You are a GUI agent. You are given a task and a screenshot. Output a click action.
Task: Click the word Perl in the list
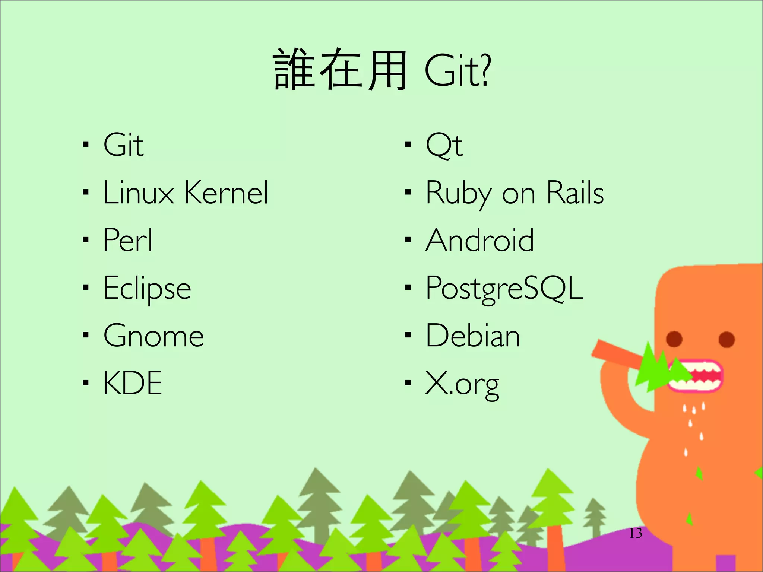pyautogui.click(x=128, y=240)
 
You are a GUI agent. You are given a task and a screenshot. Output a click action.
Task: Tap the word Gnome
pyautogui.click(x=153, y=336)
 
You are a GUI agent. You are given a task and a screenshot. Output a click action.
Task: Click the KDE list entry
pyautogui.click(x=133, y=383)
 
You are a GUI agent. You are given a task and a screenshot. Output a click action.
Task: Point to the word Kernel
pyautogui.click(x=226, y=193)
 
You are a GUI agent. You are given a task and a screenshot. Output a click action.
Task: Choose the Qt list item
pyautogui.click(x=444, y=145)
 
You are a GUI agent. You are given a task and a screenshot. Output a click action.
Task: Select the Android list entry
pyautogui.click(x=479, y=240)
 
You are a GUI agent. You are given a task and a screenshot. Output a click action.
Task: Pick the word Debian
pyautogui.click(x=472, y=336)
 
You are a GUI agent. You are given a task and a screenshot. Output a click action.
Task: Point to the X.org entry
pyautogui.click(x=462, y=384)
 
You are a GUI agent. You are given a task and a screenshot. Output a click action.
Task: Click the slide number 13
pyautogui.click(x=636, y=533)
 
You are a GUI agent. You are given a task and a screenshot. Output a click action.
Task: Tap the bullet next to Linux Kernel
pyautogui.click(x=86, y=193)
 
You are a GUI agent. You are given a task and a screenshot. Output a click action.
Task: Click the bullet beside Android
pyautogui.click(x=408, y=240)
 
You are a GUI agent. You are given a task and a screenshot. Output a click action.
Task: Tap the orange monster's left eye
pyautogui.click(x=674, y=339)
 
